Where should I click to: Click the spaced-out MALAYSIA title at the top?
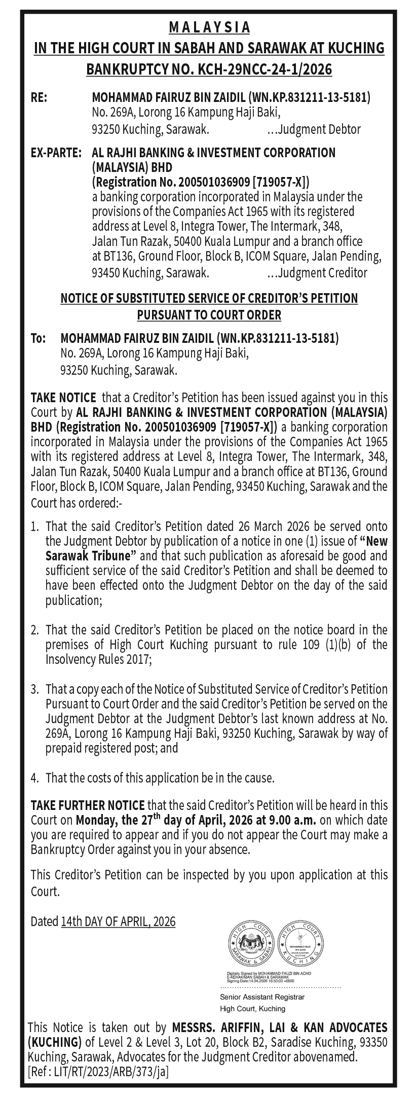[x=209, y=27]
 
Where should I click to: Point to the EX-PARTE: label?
[x=56, y=152]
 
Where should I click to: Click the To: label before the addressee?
[x=38, y=338]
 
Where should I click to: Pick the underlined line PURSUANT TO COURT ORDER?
[x=209, y=314]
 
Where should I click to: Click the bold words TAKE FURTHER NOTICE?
[x=88, y=805]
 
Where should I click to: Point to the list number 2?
[x=34, y=630]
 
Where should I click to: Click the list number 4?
[x=34, y=777]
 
